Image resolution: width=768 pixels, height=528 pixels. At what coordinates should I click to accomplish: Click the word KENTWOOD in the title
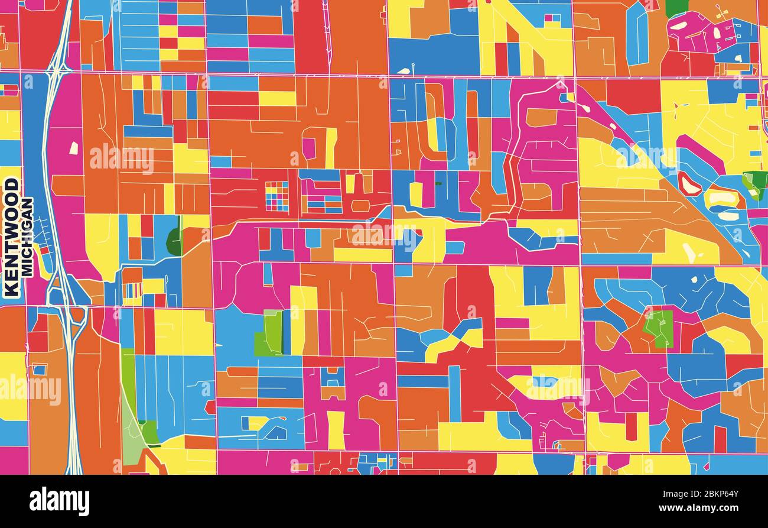[x=11, y=237]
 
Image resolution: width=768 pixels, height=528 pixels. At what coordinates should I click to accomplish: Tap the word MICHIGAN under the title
[x=27, y=237]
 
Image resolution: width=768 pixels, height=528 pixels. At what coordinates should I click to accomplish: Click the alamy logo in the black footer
[x=59, y=501]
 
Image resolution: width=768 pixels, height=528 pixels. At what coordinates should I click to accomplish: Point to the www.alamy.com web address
[x=707, y=508]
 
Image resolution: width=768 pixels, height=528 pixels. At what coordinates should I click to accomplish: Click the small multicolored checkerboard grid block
[x=276, y=196]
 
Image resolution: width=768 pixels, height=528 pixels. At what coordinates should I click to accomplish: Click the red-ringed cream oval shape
[x=689, y=183]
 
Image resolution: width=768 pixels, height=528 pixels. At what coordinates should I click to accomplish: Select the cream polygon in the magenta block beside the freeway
[x=74, y=148]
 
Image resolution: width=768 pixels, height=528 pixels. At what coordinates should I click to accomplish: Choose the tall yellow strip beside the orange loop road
[x=331, y=148]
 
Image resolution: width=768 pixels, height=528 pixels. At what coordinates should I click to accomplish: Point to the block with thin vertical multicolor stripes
[x=132, y=290]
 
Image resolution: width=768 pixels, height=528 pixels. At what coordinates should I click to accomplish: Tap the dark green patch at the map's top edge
[x=677, y=8]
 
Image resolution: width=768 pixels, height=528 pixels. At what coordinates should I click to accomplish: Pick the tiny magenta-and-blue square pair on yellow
[x=553, y=18]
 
